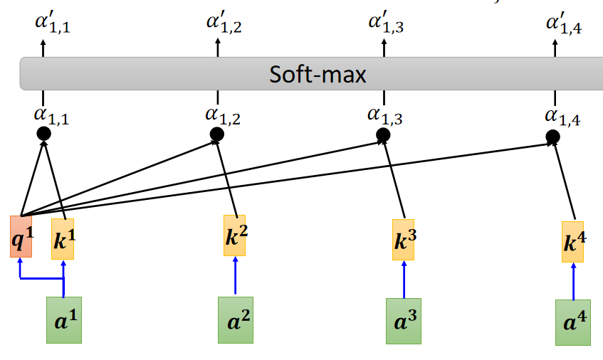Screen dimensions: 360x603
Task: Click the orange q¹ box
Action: pos(21,236)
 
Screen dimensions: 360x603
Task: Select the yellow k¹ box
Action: pos(63,239)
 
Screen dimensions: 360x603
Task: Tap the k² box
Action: pos(235,235)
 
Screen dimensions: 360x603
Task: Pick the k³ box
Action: pos(404,239)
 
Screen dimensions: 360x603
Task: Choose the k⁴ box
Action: pos(573,242)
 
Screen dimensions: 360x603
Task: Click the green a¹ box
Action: pos(63,320)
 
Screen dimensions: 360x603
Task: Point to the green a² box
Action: pos(235,320)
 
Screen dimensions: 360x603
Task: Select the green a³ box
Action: pos(403,321)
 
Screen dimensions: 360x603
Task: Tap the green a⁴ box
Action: pos(573,322)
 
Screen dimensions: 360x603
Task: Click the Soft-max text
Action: pos(318,74)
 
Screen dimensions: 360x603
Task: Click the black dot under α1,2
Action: pos(217,134)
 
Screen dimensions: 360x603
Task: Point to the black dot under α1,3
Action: pos(383,134)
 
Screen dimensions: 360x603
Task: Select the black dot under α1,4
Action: pos(553,136)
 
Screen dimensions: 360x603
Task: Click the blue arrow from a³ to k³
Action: pos(404,279)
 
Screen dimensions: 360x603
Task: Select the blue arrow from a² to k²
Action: pos(235,275)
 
